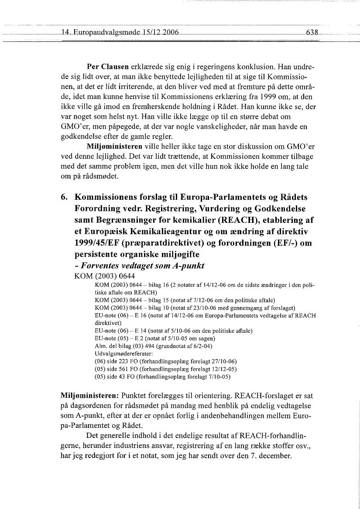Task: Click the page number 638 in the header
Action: pyautogui.click(x=314, y=32)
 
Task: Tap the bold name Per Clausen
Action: pyautogui.click(x=107, y=68)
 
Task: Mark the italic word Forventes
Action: pyautogui.click(x=104, y=265)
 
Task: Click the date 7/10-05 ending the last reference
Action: pyautogui.click(x=221, y=376)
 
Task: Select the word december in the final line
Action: pyautogui.click(x=275, y=456)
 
